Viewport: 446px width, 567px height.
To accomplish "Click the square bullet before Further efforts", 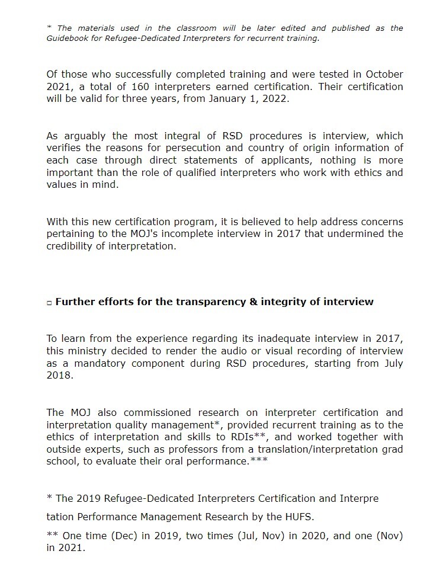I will click(x=49, y=302).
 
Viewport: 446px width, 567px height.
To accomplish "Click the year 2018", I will click(x=59, y=375).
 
